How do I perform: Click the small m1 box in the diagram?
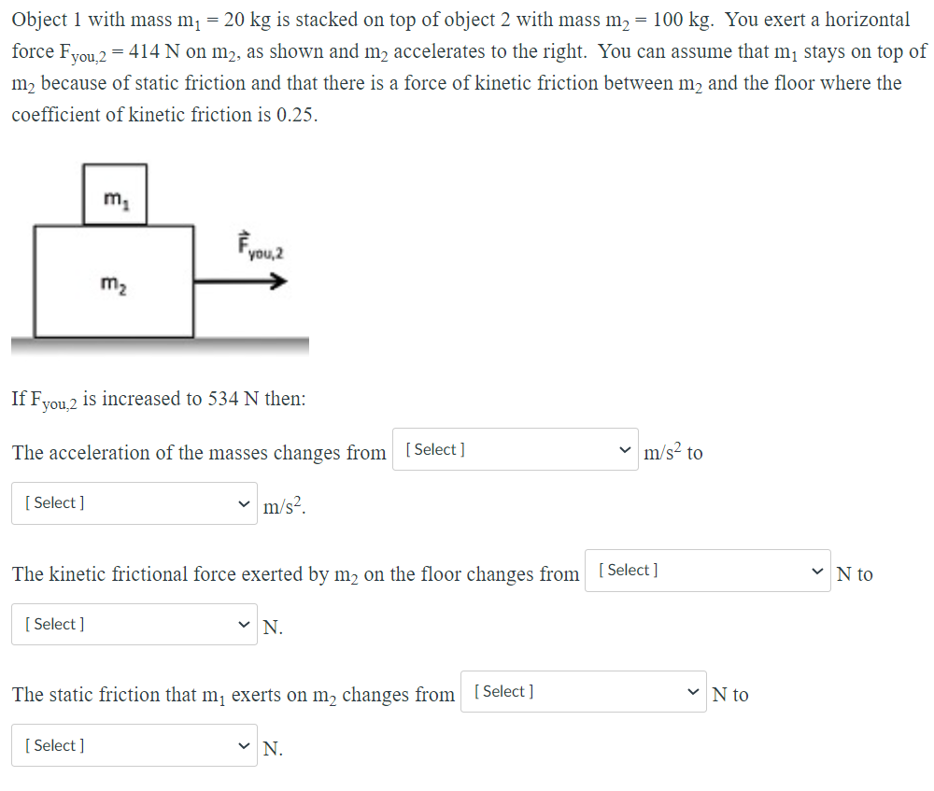115,194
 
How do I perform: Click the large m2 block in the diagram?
114,280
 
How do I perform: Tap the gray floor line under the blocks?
160,345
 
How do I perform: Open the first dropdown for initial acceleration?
515,450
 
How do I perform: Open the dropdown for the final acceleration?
134,503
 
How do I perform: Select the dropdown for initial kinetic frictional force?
707,571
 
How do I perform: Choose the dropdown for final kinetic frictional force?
134,625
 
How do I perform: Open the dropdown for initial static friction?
584,692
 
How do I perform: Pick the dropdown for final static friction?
134,746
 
